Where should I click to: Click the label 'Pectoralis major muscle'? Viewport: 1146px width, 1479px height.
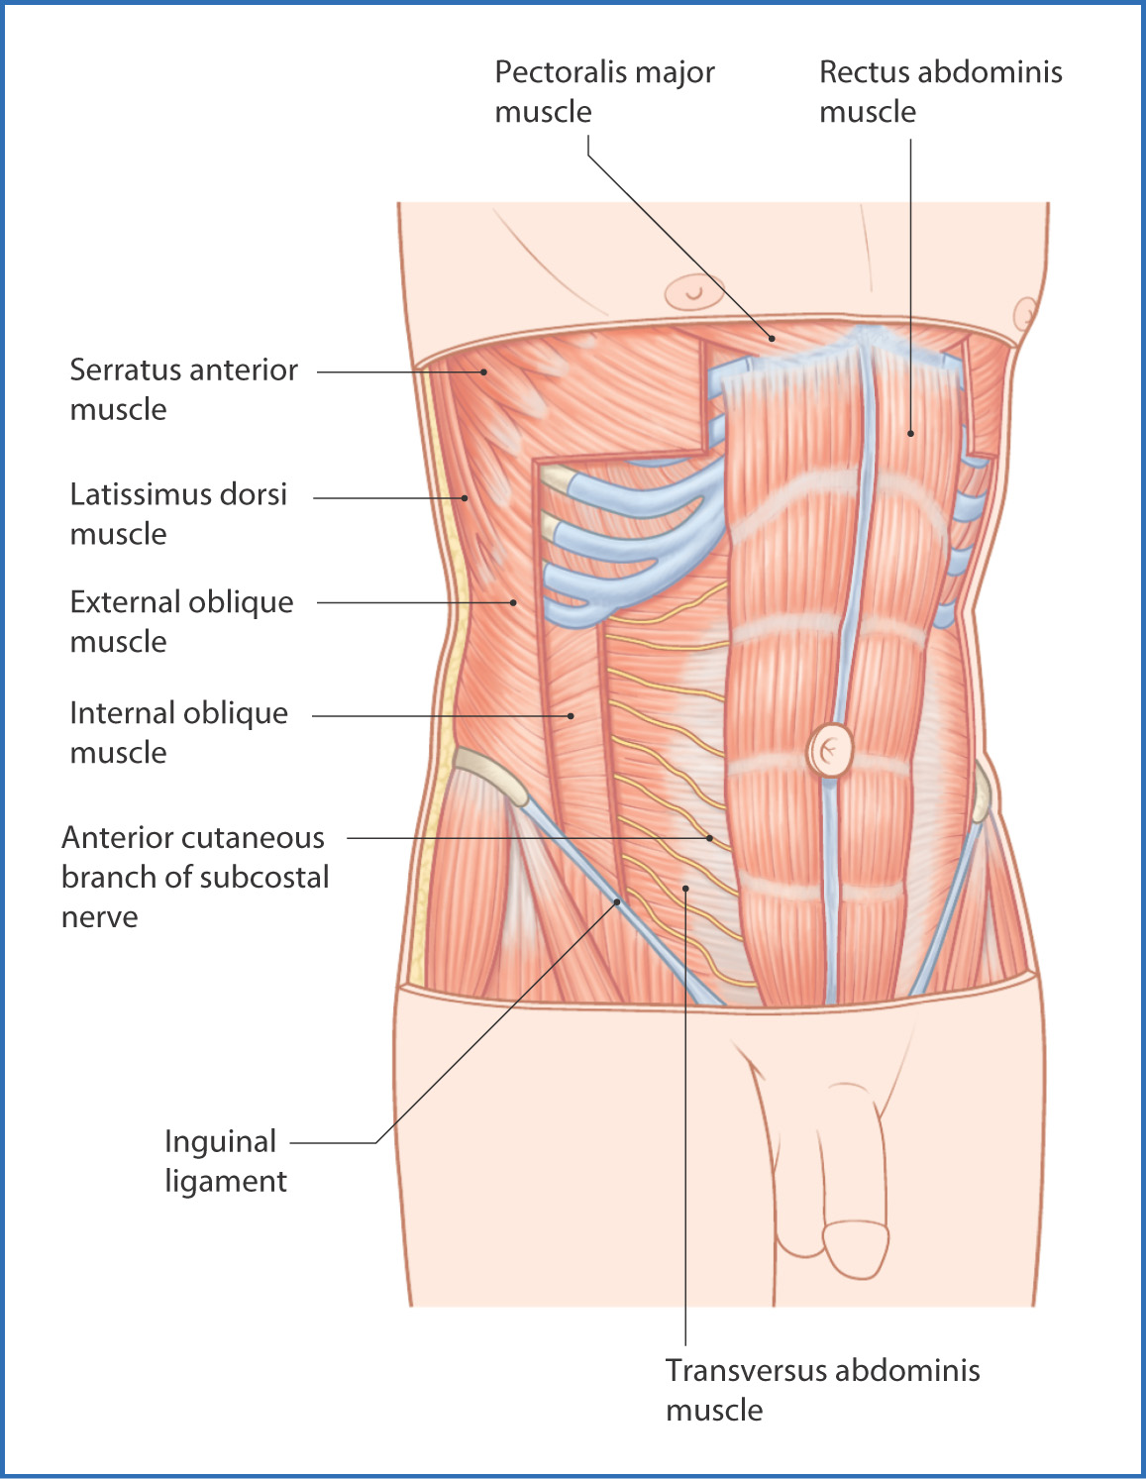coord(604,92)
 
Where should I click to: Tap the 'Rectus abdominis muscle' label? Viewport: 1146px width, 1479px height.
coord(941,92)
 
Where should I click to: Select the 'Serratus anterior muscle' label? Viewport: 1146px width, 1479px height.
coord(184,389)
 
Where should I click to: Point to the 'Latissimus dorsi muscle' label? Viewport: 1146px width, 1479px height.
coord(178,514)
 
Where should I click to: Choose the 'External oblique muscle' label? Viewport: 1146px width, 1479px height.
coord(181,621)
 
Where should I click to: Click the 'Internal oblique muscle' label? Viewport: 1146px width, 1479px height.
coord(179,732)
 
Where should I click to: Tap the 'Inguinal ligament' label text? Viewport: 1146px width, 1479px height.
coord(225,1160)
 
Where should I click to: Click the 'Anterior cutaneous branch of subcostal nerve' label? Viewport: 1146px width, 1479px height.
coord(195,877)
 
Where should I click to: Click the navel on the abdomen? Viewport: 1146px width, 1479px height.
coord(830,751)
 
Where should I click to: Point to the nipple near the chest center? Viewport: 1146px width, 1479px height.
coord(693,292)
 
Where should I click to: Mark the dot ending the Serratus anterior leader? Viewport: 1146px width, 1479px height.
coord(483,371)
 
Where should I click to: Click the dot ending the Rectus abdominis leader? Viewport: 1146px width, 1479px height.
coord(910,433)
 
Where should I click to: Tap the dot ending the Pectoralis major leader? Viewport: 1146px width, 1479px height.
coord(772,338)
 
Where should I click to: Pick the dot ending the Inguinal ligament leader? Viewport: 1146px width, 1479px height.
coord(617,901)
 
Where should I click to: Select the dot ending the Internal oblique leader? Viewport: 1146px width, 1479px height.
coord(571,716)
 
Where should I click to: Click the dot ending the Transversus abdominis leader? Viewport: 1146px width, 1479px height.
coord(686,888)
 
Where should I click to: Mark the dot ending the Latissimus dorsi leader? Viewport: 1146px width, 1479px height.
coord(465,498)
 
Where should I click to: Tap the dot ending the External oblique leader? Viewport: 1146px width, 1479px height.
coord(514,602)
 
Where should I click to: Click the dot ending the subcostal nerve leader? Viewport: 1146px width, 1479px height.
coord(710,838)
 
